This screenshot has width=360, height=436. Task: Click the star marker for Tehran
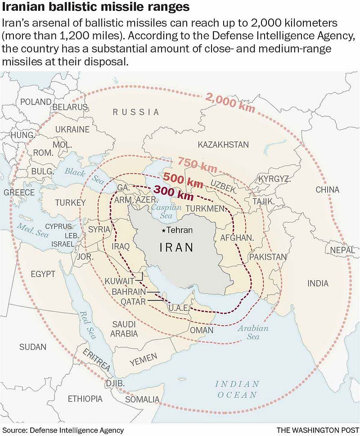point(163,231)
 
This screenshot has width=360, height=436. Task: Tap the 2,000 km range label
point(230,103)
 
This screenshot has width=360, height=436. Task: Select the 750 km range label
point(198,164)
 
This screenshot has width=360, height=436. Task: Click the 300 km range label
point(174,193)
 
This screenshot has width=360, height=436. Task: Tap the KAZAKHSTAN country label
point(223,145)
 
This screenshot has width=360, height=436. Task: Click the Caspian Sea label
point(166,212)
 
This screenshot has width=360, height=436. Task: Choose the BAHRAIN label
point(128,292)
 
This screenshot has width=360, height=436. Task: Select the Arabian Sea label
point(253,332)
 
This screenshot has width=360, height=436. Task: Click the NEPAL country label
point(342,250)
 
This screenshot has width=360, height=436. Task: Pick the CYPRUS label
point(58,226)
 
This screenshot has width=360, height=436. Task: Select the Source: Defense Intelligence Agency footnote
point(63,430)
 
